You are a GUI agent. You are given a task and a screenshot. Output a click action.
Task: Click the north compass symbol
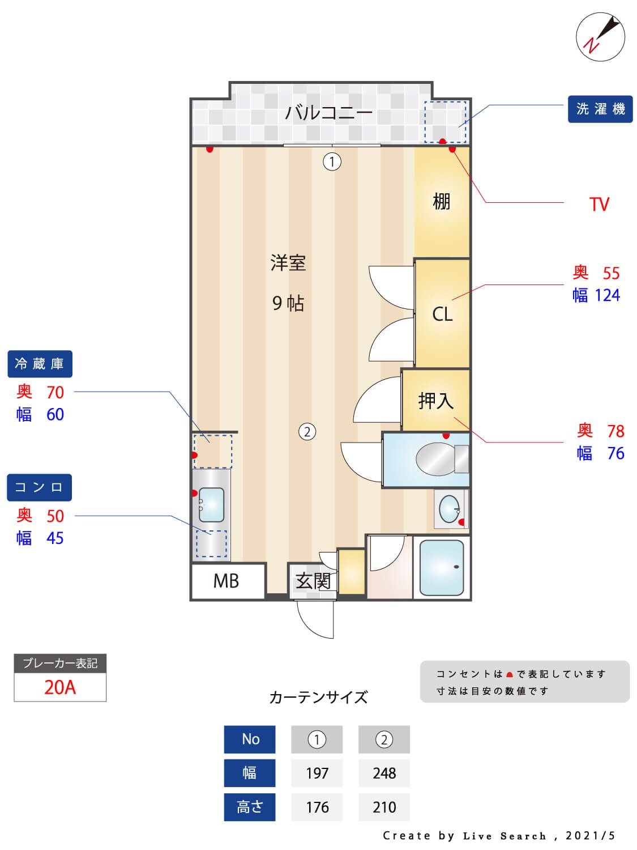[x=600, y=37]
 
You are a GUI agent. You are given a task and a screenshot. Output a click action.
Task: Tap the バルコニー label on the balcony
[x=328, y=112]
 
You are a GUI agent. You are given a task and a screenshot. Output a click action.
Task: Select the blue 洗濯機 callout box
[x=600, y=109]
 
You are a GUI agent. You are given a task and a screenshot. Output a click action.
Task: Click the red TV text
[x=599, y=204]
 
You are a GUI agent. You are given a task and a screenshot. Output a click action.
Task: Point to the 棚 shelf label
[x=441, y=201]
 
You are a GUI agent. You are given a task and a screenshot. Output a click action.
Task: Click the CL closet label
[x=442, y=314]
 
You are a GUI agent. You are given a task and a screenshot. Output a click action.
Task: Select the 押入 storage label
[x=435, y=401]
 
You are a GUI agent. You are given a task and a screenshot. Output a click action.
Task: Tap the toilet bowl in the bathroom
[x=436, y=458]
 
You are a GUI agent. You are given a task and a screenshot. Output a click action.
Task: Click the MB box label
[x=226, y=581]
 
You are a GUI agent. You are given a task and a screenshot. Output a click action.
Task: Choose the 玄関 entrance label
[x=313, y=581]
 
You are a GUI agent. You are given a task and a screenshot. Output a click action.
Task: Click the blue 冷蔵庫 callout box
[x=40, y=364]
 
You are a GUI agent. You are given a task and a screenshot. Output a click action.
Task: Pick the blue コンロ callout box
[x=39, y=487]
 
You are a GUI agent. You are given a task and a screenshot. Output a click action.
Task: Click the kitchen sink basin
[x=212, y=504]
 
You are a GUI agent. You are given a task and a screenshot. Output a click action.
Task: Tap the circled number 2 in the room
[x=307, y=432]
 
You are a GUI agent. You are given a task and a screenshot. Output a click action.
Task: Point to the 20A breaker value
[x=60, y=687]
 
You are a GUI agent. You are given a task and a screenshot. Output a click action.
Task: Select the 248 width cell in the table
[x=384, y=773]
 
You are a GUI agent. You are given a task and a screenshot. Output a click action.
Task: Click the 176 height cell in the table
[x=317, y=807]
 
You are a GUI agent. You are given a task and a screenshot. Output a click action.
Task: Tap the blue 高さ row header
[x=250, y=807]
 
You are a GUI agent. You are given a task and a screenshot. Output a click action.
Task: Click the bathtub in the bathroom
[x=442, y=567]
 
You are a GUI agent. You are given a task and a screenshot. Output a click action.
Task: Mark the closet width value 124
[x=607, y=295]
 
